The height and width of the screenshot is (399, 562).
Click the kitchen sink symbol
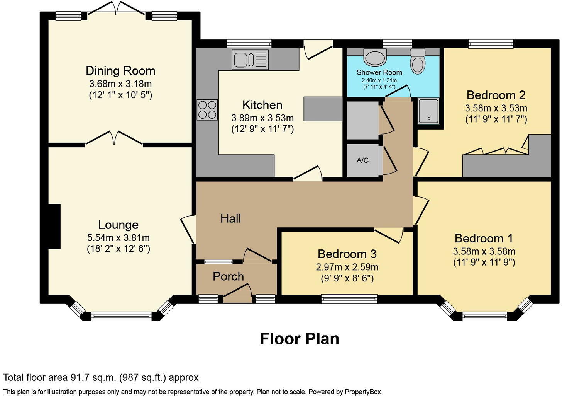point(250,60)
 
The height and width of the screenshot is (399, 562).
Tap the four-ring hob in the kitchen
point(207,110)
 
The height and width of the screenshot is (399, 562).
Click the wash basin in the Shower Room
point(375,58)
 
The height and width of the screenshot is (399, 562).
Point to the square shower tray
point(428,111)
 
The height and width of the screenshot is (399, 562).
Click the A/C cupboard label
point(362,160)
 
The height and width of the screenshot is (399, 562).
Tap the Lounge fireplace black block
point(54,227)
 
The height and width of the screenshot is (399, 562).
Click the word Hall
point(230,218)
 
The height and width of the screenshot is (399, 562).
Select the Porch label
point(228,276)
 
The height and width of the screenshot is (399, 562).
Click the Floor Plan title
point(299,339)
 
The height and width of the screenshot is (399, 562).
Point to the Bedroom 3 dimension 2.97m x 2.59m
point(347,267)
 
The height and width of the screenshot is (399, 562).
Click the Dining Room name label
point(120,71)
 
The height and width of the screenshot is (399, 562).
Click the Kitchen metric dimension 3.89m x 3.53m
point(262,118)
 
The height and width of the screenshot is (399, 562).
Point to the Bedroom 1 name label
point(484,238)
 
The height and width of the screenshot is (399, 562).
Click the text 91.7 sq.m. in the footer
point(93,377)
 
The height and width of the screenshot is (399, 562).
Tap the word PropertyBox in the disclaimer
point(363,392)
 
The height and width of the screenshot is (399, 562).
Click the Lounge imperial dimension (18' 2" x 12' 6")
point(118,249)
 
